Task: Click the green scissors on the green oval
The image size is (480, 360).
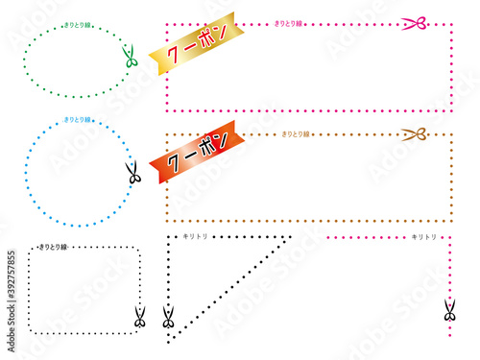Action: [131, 59]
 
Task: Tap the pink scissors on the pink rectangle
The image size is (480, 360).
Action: [414, 22]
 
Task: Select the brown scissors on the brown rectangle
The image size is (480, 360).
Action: [414, 135]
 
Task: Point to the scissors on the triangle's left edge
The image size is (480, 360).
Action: [169, 318]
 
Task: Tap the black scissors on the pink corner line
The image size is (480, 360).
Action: [449, 310]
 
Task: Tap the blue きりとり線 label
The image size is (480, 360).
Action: [78, 119]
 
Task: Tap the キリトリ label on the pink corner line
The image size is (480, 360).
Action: [423, 236]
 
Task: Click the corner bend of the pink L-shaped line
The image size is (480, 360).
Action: [449, 237]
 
